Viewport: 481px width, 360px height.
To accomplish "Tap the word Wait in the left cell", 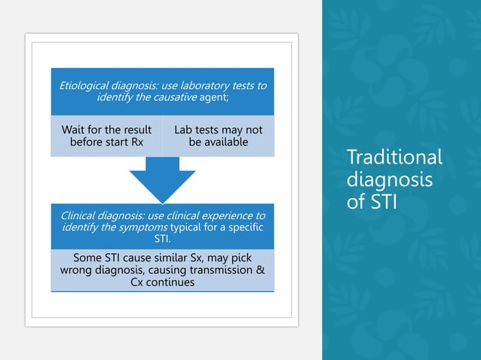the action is pyautogui.click(x=74, y=130).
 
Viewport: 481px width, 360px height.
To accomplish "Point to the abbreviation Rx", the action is pyautogui.click(x=136, y=142).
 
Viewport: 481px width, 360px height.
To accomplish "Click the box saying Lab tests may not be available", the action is pyautogui.click(x=218, y=136).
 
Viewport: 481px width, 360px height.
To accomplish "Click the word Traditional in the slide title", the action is pyautogui.click(x=394, y=157).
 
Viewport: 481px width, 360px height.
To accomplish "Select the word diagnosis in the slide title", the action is pyautogui.click(x=389, y=181).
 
